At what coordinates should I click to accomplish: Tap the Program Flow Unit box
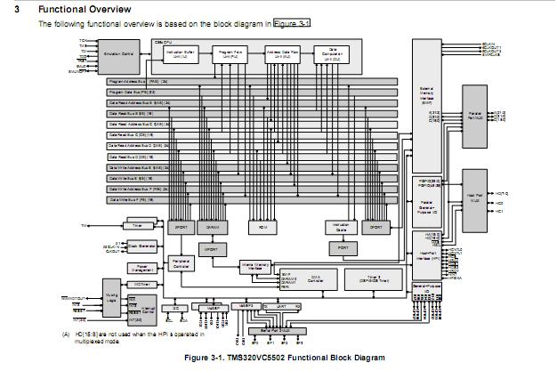point(229,54)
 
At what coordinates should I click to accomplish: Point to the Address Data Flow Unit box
point(283,54)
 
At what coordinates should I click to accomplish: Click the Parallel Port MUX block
point(475,116)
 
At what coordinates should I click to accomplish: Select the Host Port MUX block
point(475,201)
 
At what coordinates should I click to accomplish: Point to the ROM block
point(263,228)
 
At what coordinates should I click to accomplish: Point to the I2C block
point(175,307)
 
